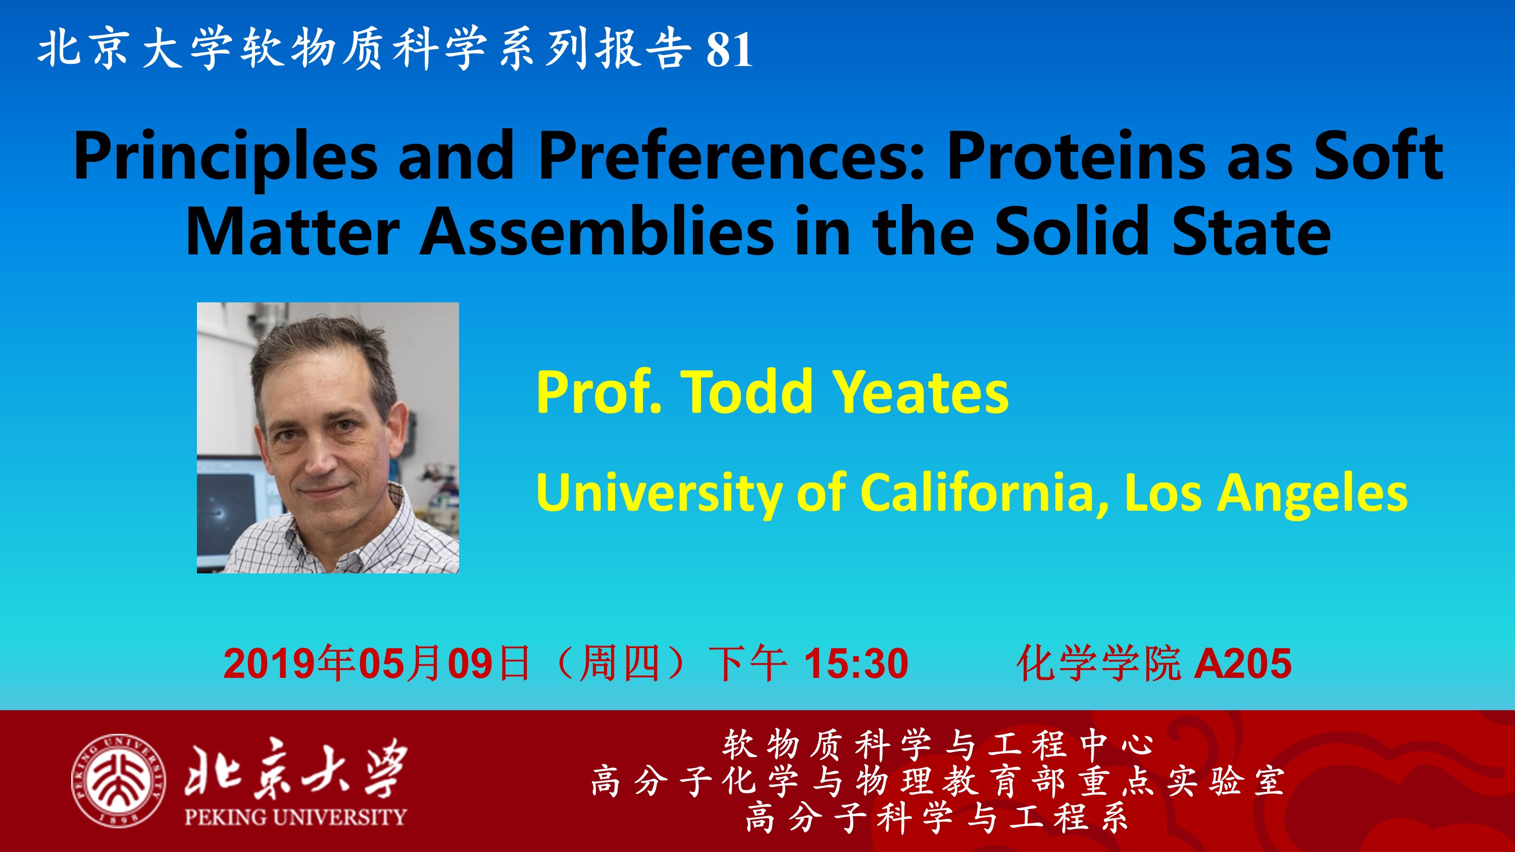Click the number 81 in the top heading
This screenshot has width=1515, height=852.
730,49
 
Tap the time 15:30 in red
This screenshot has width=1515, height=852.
856,664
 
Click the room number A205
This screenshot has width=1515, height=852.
1243,664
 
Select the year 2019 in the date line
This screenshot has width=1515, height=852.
271,664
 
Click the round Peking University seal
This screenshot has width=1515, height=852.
118,780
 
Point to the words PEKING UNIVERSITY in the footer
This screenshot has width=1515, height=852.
295,816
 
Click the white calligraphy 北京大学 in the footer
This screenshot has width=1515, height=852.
296,768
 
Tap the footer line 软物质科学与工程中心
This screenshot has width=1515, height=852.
938,744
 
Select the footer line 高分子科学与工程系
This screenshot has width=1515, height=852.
937,818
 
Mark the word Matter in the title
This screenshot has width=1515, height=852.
293,231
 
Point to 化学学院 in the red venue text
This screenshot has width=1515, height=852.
1098,664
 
